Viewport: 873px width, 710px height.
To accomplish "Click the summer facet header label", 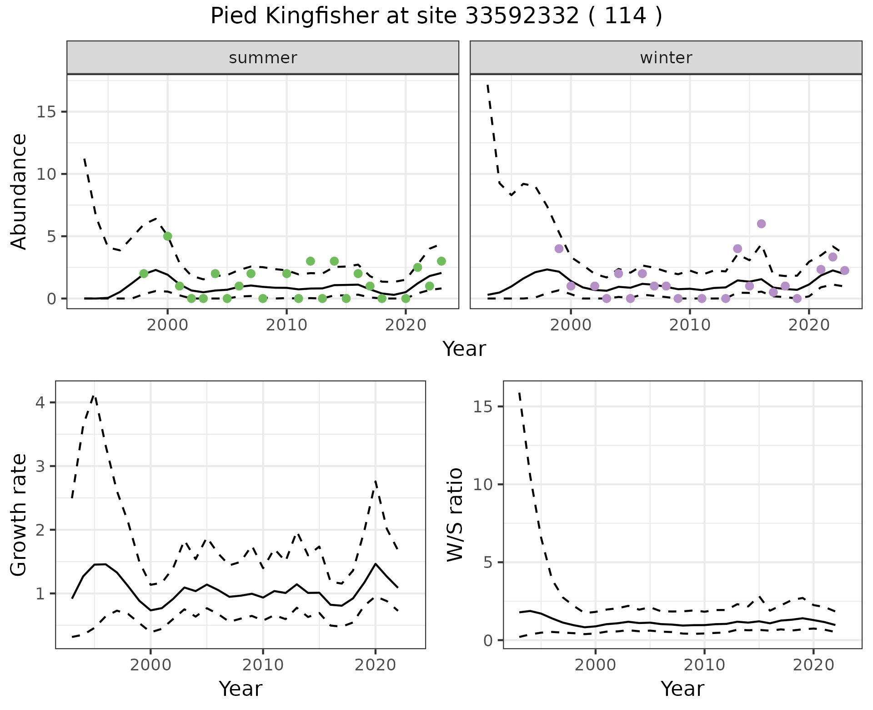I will (x=263, y=58).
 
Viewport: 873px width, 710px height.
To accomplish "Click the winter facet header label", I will (x=666, y=58).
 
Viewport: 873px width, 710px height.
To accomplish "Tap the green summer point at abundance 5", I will (x=167, y=236).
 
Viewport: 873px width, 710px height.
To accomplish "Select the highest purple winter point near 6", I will (x=761, y=224).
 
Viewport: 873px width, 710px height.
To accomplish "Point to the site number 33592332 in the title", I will (x=522, y=16).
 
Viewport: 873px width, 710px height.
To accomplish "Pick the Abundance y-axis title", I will (x=19, y=191).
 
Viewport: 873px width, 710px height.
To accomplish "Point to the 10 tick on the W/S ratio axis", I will (x=483, y=484).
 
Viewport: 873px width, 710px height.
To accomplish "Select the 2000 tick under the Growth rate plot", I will (x=151, y=665).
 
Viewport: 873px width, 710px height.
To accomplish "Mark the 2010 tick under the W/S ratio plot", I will (x=704, y=665).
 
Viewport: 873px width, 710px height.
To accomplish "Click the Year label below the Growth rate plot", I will (x=241, y=689).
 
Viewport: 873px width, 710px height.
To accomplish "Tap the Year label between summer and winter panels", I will (x=464, y=349).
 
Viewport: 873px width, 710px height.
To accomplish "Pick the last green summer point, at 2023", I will (x=441, y=261).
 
